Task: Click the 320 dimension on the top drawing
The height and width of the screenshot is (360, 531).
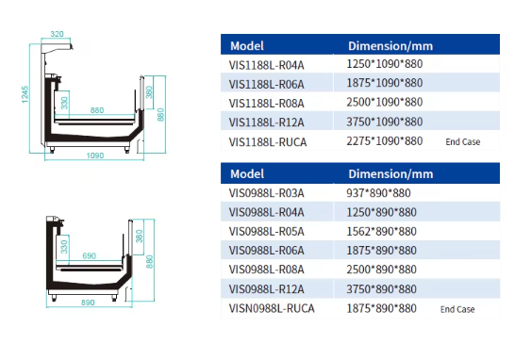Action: coord(57,34)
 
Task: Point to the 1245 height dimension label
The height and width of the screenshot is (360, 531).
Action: coord(25,94)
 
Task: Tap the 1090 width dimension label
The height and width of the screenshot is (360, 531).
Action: coord(95,155)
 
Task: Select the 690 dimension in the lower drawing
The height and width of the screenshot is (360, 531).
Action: coord(89,255)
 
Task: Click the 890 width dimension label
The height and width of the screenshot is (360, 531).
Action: coord(88,303)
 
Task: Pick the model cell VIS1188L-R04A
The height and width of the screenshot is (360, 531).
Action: coord(267,65)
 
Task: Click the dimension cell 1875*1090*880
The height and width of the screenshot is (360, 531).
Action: coord(385,83)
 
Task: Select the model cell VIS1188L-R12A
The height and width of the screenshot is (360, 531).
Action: coord(267,123)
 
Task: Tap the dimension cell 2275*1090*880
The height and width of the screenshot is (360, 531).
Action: coord(385,141)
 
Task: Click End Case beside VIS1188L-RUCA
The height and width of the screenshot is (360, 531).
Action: coord(462,141)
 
